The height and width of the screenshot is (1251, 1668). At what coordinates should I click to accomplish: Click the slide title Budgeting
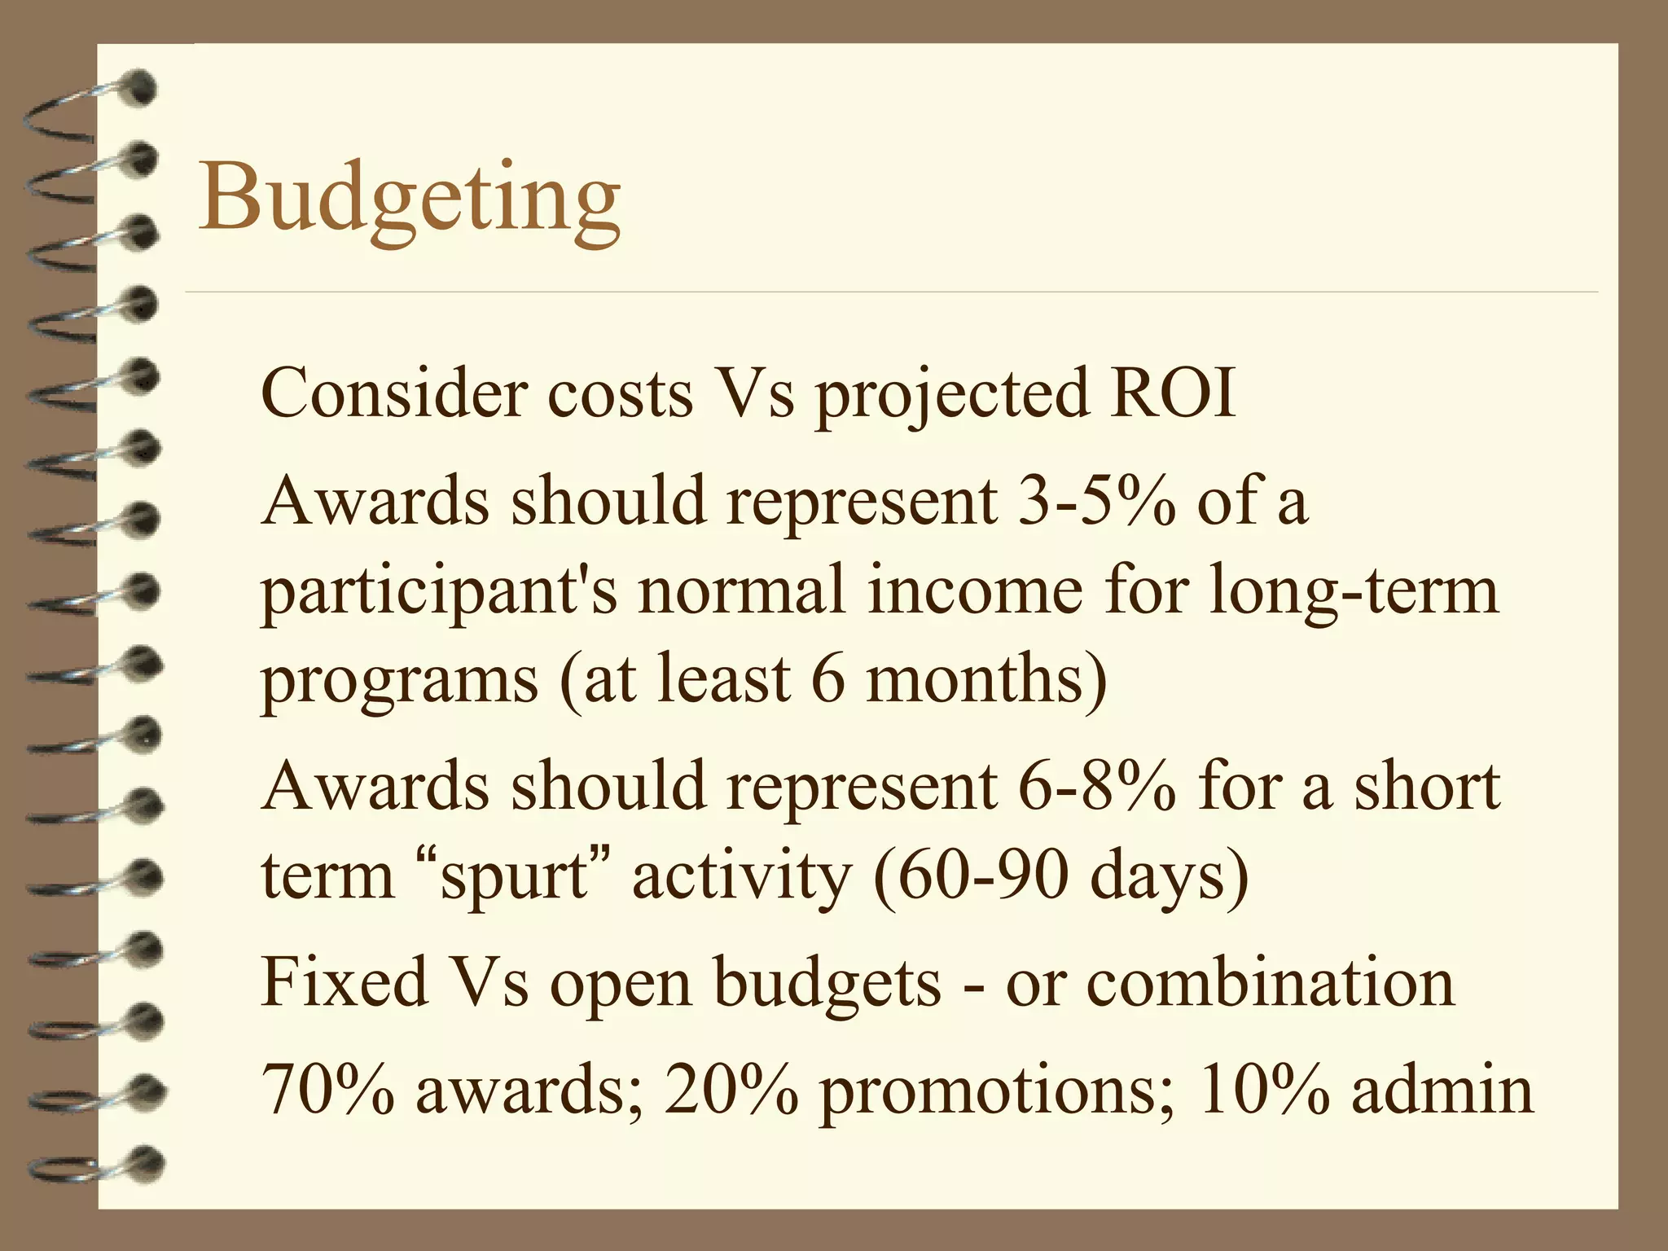click(x=409, y=198)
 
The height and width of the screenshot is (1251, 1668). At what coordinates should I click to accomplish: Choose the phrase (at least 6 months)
click(x=833, y=679)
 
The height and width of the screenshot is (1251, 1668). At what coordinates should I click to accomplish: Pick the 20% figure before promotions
click(x=731, y=1090)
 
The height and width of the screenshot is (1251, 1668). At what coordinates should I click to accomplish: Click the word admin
click(x=1442, y=1090)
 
